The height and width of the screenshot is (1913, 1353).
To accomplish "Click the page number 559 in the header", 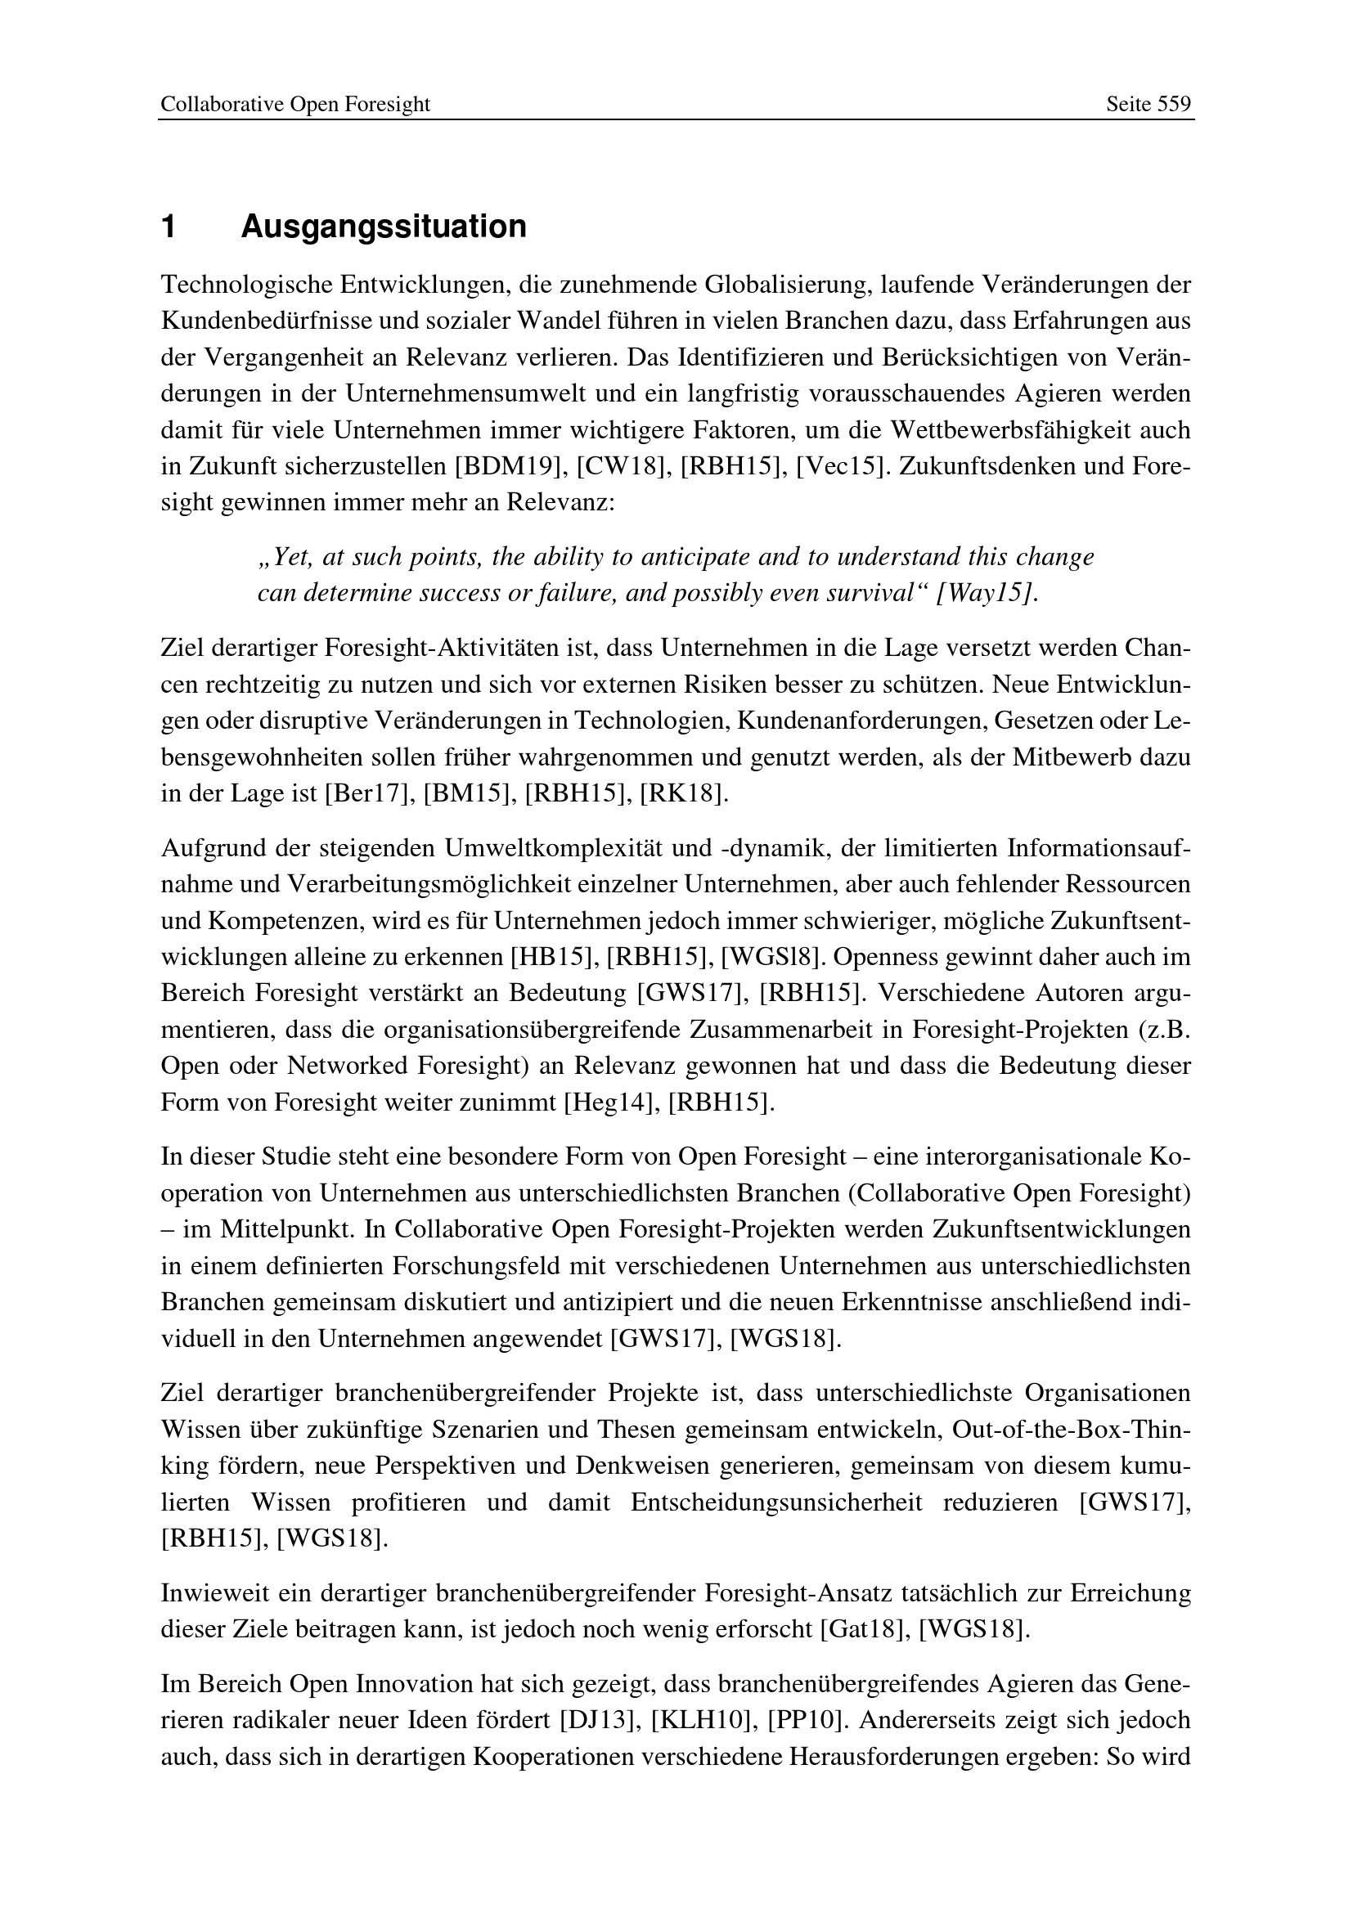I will pyautogui.click(x=1175, y=104).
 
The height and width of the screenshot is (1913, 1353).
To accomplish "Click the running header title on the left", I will pyautogui.click(x=295, y=104).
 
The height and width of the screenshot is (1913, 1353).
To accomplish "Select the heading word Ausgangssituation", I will pyautogui.click(x=383, y=227).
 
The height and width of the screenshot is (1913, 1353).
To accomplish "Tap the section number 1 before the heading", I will pyautogui.click(x=169, y=227).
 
